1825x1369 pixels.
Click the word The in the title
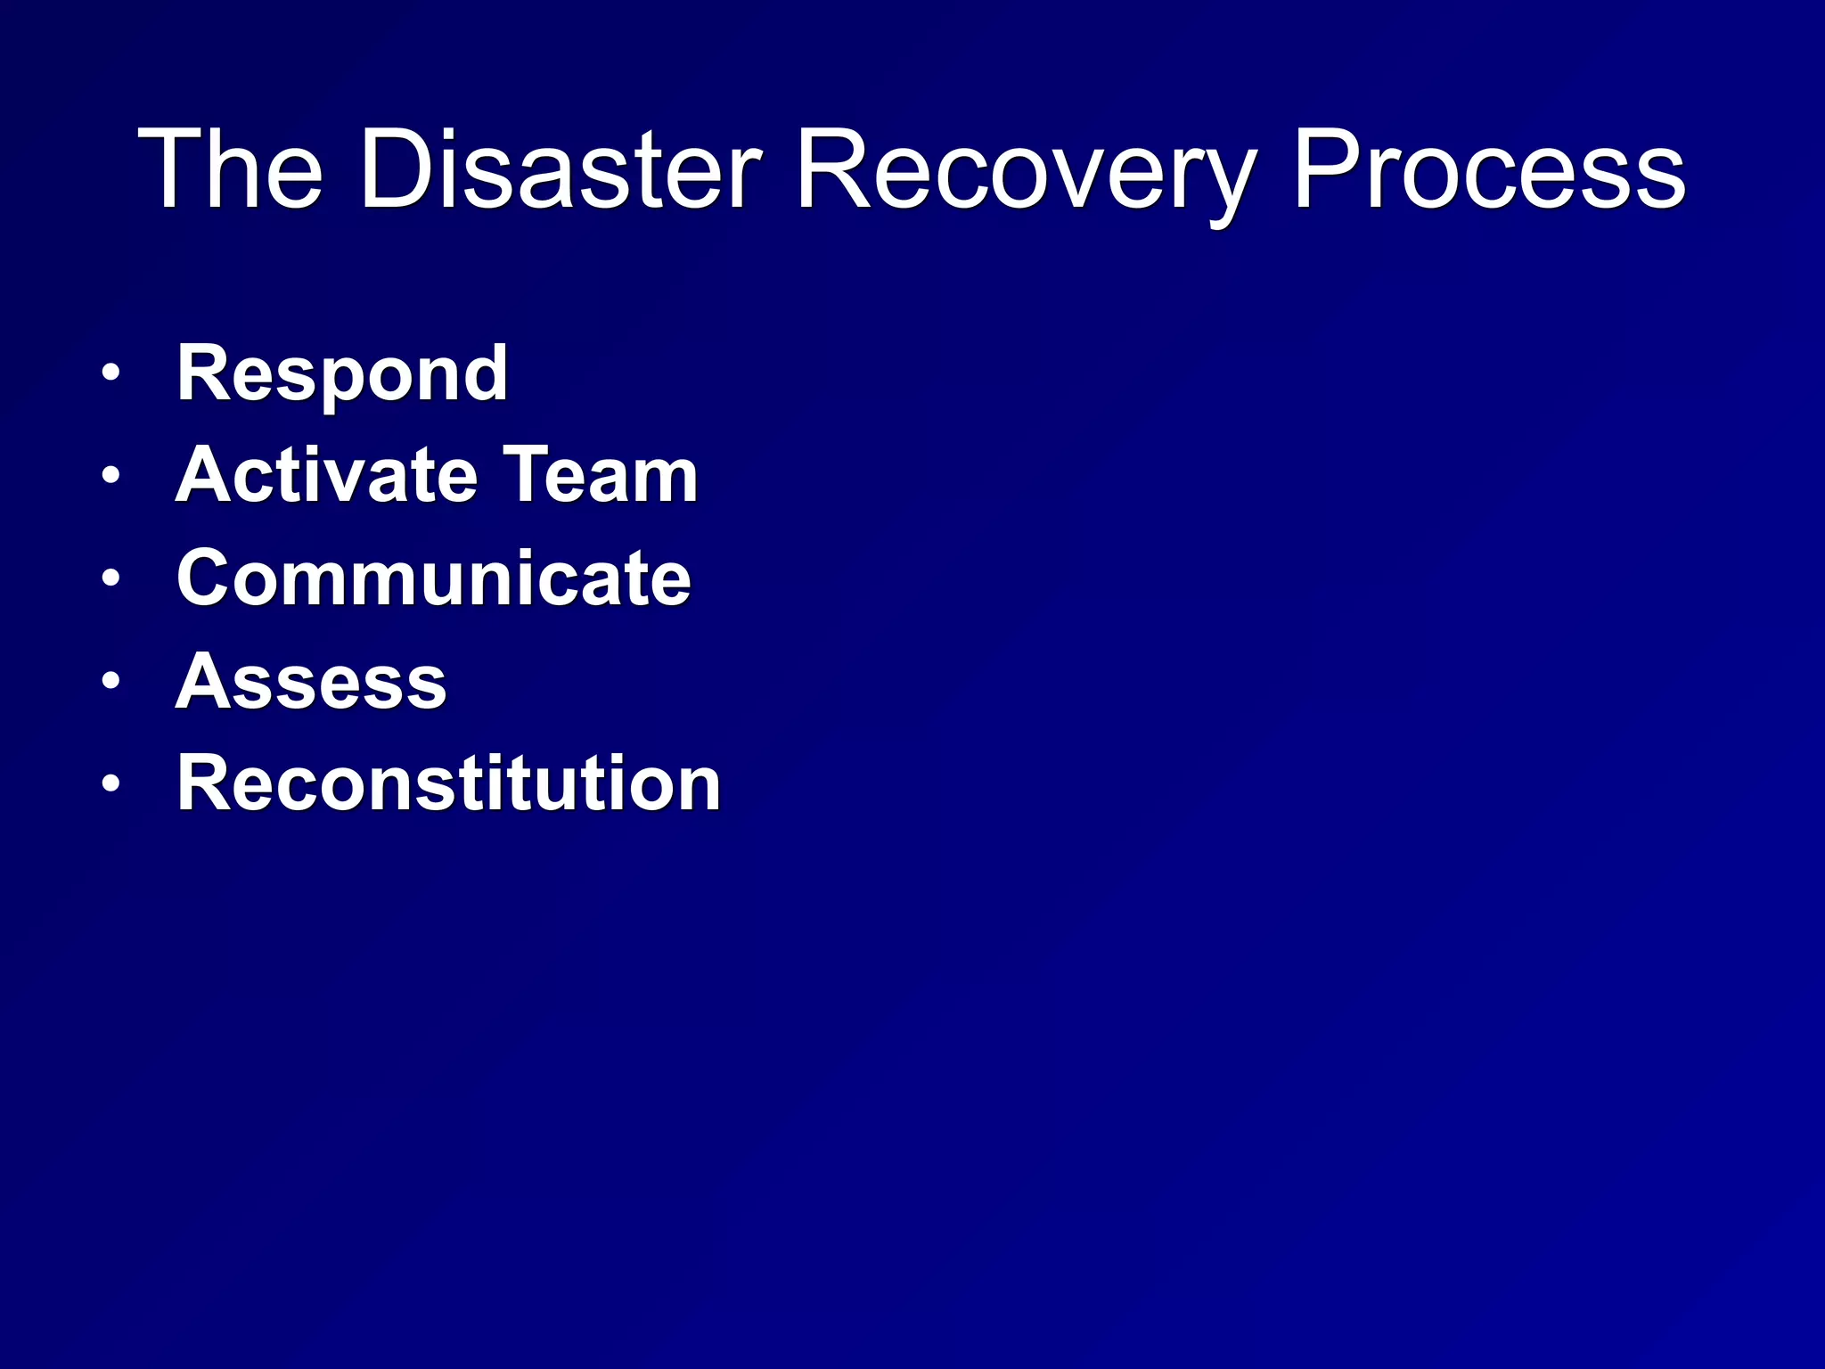tap(230, 169)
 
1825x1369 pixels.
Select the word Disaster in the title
tap(561, 169)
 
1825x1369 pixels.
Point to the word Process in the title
tap(1488, 169)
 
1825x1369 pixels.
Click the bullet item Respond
tap(342, 374)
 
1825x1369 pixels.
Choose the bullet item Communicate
tap(434, 578)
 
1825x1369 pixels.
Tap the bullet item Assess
tap(311, 682)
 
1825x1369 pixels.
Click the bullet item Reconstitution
tap(448, 783)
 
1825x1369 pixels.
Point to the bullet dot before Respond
tap(110, 373)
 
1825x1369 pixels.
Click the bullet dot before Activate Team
tap(110, 476)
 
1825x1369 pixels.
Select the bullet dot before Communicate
tap(110, 579)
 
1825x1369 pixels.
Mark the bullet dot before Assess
tap(110, 682)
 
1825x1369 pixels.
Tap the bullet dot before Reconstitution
tap(110, 784)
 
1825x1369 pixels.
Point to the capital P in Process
tap(1327, 169)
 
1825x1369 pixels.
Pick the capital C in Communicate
tap(206, 578)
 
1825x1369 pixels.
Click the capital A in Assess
tap(204, 682)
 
